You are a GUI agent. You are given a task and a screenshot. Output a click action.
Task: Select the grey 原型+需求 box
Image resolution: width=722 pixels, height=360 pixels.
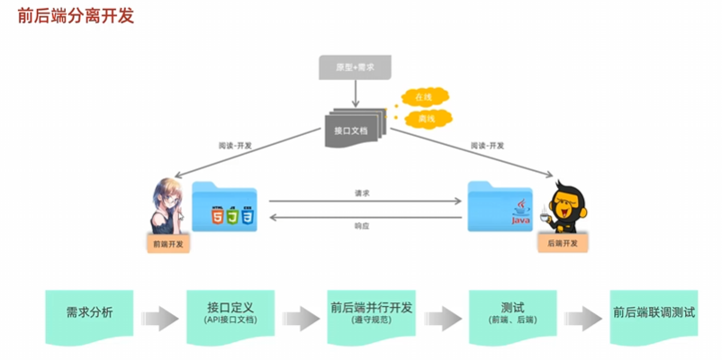click(354, 67)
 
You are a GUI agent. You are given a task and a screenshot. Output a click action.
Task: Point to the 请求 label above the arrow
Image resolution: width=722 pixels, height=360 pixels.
click(362, 193)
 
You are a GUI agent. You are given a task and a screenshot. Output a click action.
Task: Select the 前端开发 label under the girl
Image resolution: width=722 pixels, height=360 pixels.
click(168, 243)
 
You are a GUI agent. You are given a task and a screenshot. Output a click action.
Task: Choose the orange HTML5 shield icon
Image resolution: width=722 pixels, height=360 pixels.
click(217, 217)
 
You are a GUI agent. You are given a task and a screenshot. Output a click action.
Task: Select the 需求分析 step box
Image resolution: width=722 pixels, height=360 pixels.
click(90, 314)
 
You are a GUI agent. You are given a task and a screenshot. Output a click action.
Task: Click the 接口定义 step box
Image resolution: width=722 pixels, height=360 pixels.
click(230, 312)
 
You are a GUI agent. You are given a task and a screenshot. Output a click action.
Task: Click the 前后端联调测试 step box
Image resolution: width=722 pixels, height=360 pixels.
click(654, 314)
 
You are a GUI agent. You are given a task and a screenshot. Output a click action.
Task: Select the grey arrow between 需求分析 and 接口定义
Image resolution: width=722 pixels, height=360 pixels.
click(160, 317)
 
